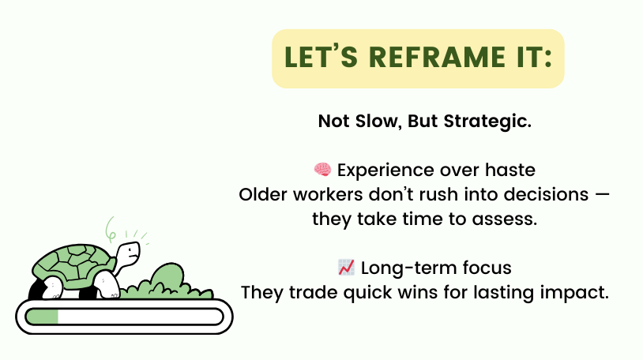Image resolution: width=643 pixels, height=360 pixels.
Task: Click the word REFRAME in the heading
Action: (437, 57)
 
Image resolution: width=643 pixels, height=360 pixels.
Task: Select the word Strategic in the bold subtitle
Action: (487, 122)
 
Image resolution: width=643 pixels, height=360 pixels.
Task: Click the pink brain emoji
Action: (323, 169)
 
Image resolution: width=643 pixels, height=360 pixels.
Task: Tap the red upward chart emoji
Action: (346, 268)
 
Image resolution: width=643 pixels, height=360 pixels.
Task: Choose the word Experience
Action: (385, 171)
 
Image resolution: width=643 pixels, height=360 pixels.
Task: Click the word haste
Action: (510, 170)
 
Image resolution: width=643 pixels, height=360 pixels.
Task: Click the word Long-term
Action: (409, 268)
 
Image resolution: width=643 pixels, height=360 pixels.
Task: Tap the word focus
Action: (487, 268)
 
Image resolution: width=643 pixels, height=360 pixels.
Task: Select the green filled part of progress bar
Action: (42, 317)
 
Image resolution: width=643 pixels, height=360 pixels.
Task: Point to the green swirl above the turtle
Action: (111, 229)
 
